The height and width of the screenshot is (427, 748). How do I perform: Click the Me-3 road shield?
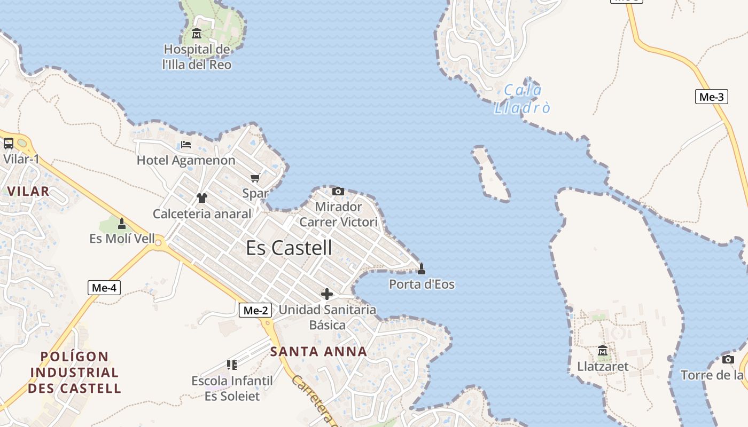pos(712,97)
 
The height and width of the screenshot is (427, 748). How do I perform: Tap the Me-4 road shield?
pos(104,288)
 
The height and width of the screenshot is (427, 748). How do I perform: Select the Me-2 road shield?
pos(255,310)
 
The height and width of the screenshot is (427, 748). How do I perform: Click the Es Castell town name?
pos(289,248)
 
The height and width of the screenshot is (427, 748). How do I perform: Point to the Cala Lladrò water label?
pos(521,99)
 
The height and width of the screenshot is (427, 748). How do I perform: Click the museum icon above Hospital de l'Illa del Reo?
pos(197,34)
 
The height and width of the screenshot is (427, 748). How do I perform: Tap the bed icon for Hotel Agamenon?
pos(186,145)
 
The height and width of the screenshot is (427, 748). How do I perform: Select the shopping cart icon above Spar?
pos(255,178)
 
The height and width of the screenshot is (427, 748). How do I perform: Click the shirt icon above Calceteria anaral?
pos(201,198)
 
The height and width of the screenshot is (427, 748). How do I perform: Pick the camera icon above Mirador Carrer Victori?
pos(338,191)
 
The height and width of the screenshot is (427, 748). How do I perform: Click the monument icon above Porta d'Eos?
pos(422,268)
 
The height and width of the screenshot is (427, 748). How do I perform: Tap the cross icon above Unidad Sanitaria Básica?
pos(326,294)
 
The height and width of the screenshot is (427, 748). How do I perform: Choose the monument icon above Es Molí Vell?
pos(122,223)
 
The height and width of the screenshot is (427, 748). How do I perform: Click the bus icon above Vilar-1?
pos(9,143)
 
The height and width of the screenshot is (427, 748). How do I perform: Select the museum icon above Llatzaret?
pos(603,351)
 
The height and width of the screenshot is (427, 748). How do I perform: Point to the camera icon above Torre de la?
pos(728,359)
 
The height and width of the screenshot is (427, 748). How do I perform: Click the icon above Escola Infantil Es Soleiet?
pos(232,365)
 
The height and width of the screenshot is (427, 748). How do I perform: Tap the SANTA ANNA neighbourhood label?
pos(318,351)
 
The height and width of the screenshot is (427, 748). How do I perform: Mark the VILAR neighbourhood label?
pos(28,191)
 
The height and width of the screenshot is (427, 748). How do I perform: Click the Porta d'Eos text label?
pos(422,284)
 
